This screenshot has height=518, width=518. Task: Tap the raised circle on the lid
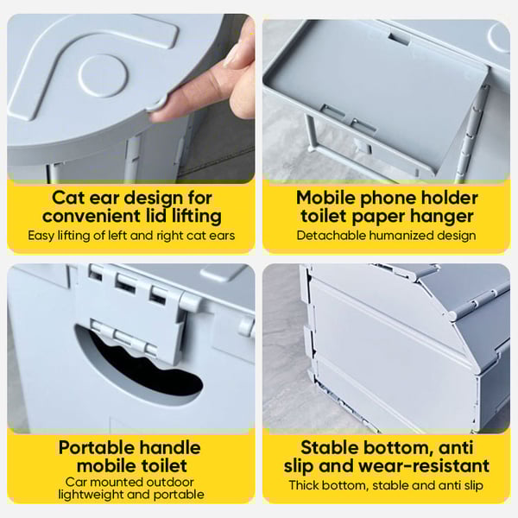103,76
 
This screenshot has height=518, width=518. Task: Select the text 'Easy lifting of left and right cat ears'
130,235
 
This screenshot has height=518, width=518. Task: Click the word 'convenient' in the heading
89,216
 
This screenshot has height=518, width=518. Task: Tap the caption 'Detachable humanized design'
386,235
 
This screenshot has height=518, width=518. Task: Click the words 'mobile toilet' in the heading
130,466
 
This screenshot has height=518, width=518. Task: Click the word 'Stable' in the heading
329,448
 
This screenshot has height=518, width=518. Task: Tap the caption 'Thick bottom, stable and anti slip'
386,485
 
